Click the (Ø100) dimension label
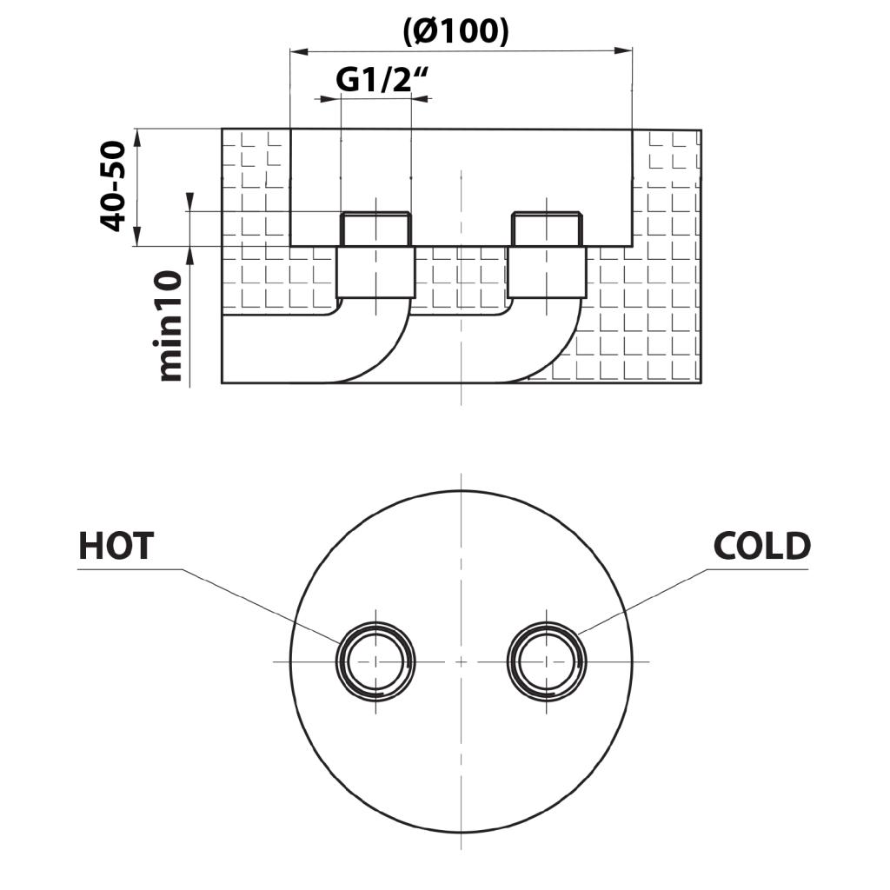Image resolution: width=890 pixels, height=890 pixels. click(x=455, y=32)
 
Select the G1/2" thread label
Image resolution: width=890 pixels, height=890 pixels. click(x=382, y=80)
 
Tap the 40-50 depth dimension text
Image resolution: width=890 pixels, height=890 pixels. click(x=113, y=186)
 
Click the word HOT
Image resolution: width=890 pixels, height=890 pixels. click(x=116, y=546)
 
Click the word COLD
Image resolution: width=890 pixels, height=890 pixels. click(x=761, y=546)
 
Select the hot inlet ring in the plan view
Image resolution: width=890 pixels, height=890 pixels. click(x=375, y=661)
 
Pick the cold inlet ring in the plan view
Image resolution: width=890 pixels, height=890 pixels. click(x=547, y=661)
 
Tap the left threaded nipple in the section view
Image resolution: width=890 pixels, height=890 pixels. click(x=375, y=229)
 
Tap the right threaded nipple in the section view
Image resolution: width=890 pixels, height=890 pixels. click(x=547, y=229)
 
